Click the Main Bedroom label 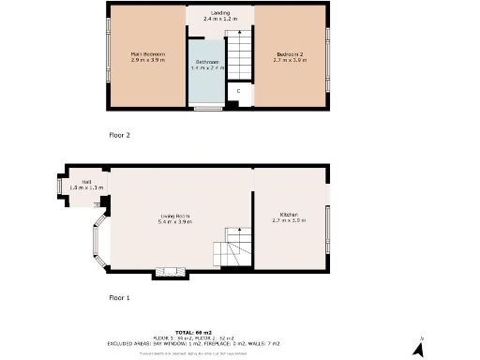point(147,57)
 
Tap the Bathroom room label point(207,66)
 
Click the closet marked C point(238,91)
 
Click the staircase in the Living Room point(230,249)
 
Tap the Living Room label point(175,219)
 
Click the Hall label point(86,185)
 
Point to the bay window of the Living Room point(97,243)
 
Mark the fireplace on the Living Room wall point(170,274)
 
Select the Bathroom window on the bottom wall point(206,109)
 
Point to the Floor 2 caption point(119,136)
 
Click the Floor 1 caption point(119,297)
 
